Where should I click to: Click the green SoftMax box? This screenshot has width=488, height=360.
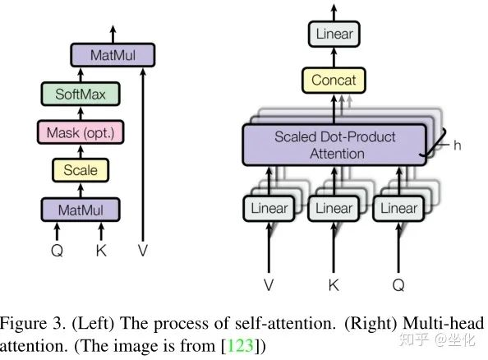click(81, 94)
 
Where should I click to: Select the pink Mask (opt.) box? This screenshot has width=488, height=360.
click(81, 132)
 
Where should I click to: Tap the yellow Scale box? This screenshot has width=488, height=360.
click(81, 170)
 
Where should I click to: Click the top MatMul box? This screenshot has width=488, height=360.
click(113, 55)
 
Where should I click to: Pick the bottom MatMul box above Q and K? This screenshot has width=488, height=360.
click(81, 210)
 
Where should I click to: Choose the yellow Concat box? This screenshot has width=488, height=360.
click(334, 80)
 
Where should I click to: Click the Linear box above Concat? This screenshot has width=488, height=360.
click(334, 34)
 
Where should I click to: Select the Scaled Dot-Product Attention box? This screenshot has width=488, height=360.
click(334, 145)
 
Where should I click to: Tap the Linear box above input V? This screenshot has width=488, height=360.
click(269, 208)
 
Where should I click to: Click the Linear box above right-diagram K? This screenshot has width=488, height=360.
click(334, 208)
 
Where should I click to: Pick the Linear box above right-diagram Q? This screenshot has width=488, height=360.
click(398, 208)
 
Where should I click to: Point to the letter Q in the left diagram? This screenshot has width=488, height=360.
click(57, 251)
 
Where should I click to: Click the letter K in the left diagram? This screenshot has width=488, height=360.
click(101, 251)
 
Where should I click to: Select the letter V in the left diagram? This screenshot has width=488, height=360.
click(143, 251)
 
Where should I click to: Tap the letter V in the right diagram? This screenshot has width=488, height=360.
click(269, 285)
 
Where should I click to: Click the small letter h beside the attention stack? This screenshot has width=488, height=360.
click(457, 145)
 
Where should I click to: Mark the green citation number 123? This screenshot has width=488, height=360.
click(241, 345)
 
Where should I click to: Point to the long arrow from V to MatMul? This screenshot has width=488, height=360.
click(143, 155)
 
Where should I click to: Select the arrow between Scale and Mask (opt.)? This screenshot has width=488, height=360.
click(81, 152)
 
